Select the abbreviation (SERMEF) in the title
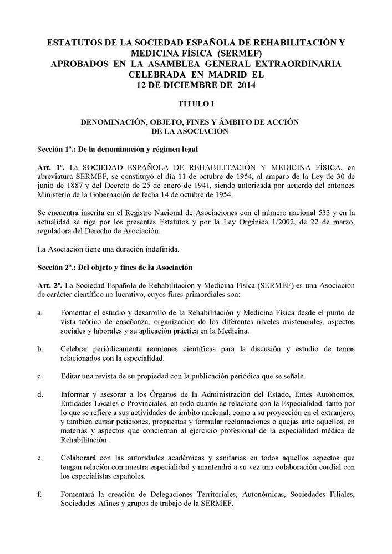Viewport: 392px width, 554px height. (x=242, y=53)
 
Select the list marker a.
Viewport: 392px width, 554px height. (x=40, y=313)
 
